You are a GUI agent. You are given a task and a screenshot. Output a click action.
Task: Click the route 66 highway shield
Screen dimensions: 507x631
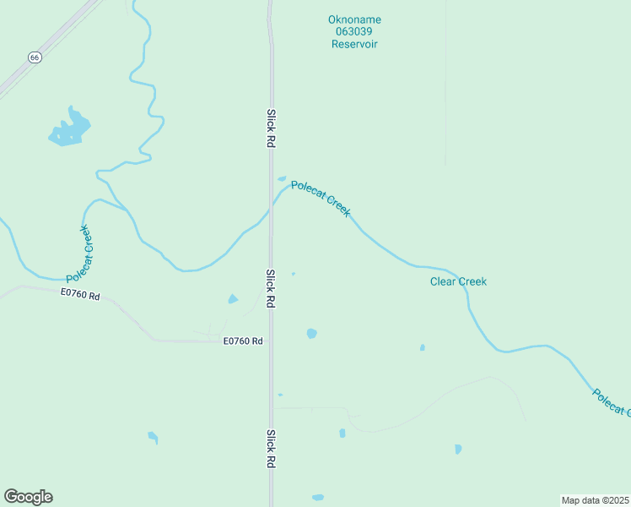[x=34, y=57]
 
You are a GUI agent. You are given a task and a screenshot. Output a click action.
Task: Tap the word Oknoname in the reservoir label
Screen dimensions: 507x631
[x=353, y=19]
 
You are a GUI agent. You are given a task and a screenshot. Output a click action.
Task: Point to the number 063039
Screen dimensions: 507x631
[x=353, y=31]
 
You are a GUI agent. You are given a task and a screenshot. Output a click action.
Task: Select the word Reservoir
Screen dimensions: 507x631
[x=353, y=43]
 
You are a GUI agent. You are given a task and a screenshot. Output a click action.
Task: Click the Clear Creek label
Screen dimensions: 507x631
[x=458, y=281]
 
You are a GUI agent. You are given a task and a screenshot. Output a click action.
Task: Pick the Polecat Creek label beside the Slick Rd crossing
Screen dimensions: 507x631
[x=321, y=199]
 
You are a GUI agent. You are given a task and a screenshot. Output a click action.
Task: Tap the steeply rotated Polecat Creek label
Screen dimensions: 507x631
[x=79, y=253]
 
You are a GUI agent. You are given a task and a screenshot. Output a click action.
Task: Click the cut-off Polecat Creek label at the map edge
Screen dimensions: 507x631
[x=611, y=402]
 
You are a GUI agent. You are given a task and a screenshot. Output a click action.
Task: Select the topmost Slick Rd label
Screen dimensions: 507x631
[x=271, y=128]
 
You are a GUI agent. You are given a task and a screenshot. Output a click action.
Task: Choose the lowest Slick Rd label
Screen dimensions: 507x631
[x=271, y=449]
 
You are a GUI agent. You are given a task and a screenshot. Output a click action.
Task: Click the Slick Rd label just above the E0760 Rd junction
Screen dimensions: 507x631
[x=271, y=288]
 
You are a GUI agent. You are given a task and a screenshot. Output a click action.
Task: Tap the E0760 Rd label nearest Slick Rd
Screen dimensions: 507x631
[x=243, y=341]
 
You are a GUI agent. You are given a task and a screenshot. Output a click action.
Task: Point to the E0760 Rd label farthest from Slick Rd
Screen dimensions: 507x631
[x=80, y=296]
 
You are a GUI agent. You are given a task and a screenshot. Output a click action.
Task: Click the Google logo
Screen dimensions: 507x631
[x=28, y=497]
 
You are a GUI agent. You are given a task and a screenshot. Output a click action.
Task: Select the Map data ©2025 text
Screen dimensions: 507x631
[x=595, y=500]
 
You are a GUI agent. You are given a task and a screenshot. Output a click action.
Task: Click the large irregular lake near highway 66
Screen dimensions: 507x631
[x=69, y=129]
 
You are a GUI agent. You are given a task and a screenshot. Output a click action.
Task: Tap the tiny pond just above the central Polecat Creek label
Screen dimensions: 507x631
[x=282, y=178]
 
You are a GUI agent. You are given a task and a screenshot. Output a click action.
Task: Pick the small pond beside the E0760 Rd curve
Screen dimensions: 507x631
[x=233, y=298]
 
